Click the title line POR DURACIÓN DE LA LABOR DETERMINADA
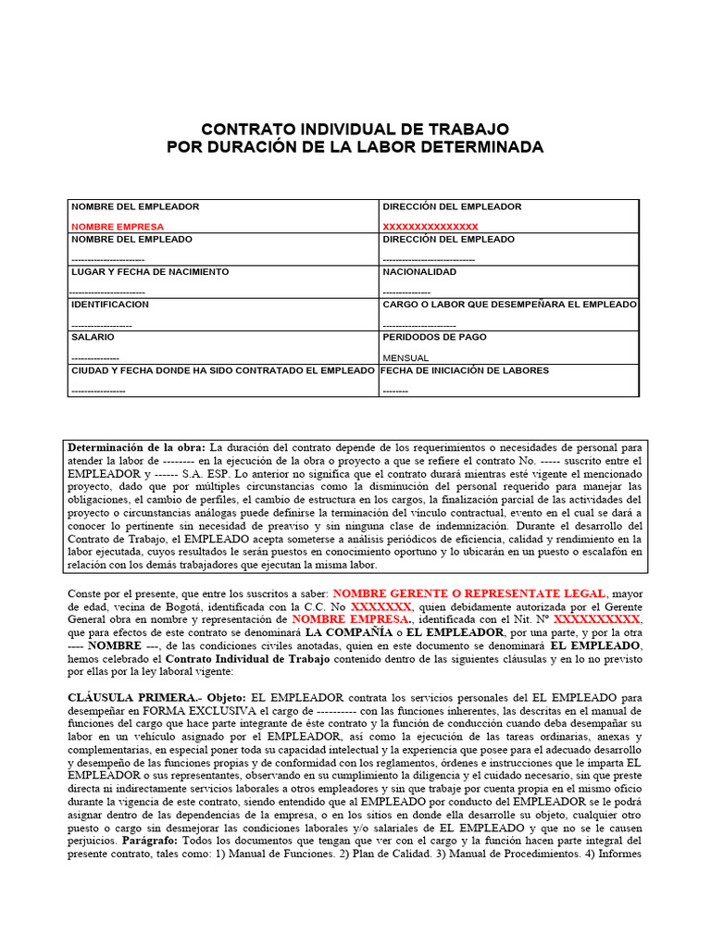point(355,147)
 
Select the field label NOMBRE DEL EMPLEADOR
point(135,206)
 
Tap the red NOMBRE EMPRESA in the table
point(118,227)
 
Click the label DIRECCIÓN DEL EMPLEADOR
point(452,206)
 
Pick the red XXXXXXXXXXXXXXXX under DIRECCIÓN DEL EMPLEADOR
point(430,227)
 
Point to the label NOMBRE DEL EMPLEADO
point(132,239)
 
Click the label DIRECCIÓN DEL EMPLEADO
point(449,239)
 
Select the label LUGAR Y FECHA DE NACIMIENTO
point(150,272)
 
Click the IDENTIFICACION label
point(110,305)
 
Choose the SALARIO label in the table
point(94,337)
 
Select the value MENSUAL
point(405,357)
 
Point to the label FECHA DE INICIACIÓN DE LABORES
point(465,370)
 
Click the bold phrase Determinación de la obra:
point(138,447)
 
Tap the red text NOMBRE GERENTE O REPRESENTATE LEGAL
point(469,592)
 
